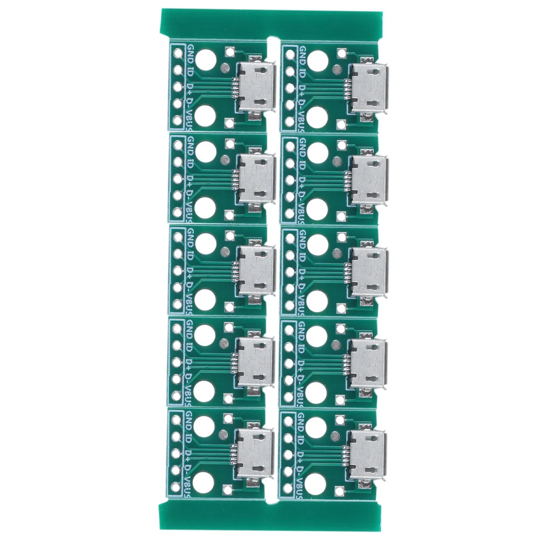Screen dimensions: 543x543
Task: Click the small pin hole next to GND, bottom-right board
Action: [290, 420]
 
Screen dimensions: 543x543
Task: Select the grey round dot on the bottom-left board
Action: [225, 433]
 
